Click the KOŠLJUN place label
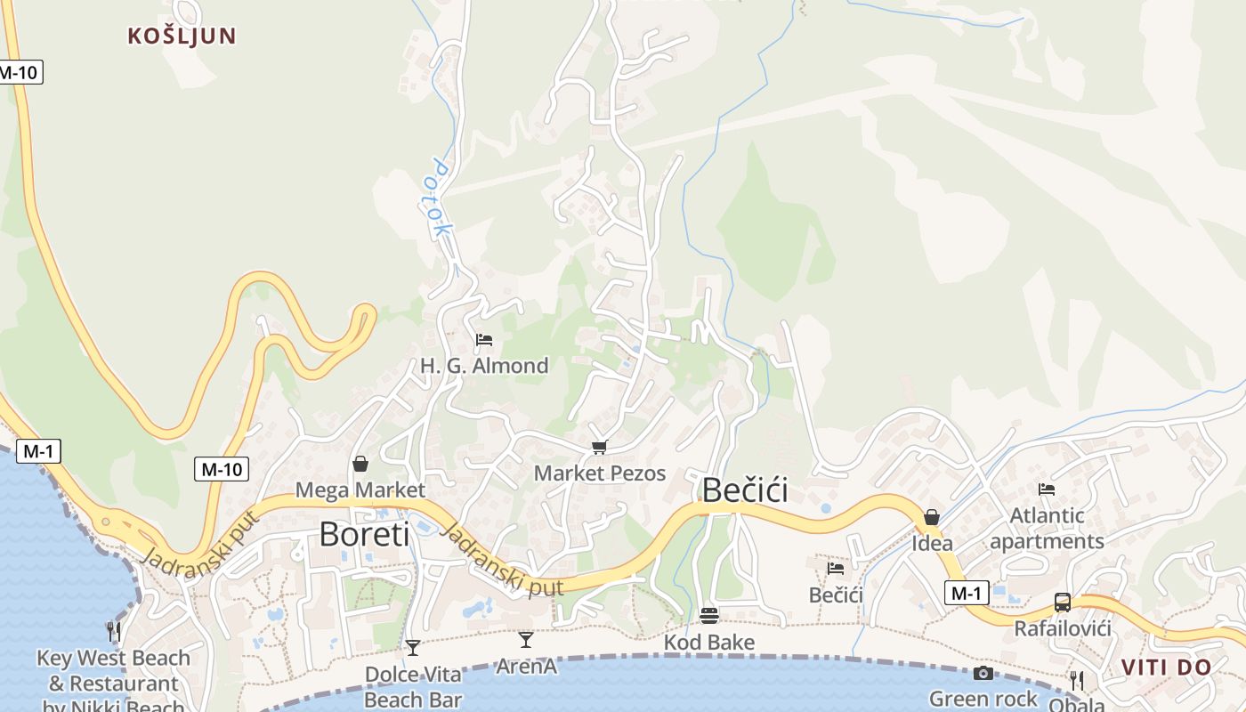pos(182,36)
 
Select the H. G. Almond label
pos(484,366)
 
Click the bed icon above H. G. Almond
pos(484,340)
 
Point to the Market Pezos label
pos(600,473)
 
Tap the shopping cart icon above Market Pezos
pos(600,447)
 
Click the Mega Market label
pos(360,490)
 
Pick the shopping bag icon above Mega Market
pos(360,464)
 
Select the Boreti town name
pos(364,535)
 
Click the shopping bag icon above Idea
pos(932,517)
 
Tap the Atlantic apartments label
pos(1047,529)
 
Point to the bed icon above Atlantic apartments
pos(1047,489)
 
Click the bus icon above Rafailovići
pos(1063,603)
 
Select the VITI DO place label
pos(1166,667)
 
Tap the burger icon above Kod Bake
pos(709,616)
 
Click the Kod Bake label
pos(709,643)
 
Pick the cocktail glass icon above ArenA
pos(526,639)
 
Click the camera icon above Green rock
pos(983,673)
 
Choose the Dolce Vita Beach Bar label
pos(413,687)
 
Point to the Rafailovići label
pos(1063,629)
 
